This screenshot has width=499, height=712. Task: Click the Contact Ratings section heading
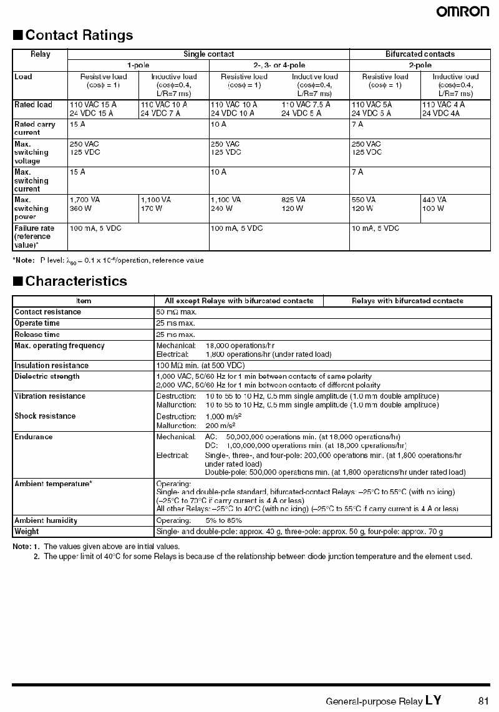(x=79, y=35)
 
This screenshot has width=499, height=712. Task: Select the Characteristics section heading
(x=76, y=281)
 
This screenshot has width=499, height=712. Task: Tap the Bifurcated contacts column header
(x=420, y=54)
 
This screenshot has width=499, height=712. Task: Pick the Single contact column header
(x=208, y=54)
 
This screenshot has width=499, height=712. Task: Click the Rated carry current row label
(x=35, y=128)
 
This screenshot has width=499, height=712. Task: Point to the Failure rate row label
(x=34, y=237)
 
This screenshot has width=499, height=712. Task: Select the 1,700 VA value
(x=85, y=200)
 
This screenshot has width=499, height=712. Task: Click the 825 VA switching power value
(x=294, y=200)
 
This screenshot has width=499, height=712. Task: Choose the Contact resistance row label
(x=47, y=311)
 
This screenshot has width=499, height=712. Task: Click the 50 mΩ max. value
(x=177, y=311)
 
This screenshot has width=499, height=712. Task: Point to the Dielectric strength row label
(x=47, y=376)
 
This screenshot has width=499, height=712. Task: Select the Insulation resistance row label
(x=51, y=365)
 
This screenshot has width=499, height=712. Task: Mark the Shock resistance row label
(x=45, y=416)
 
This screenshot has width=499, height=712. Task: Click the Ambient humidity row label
(x=46, y=520)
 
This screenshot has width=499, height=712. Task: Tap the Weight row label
(x=26, y=532)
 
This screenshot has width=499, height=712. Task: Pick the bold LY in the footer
(x=434, y=700)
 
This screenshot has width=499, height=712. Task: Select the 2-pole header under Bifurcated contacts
(x=420, y=65)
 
